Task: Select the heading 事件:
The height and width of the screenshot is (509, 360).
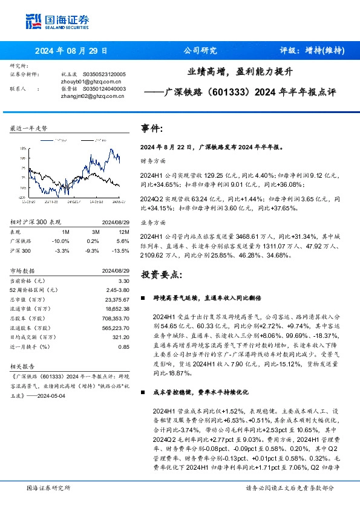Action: click(x=151, y=129)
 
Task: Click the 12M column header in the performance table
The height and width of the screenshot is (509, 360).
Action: click(x=124, y=232)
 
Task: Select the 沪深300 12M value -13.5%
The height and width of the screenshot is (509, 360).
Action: click(x=122, y=250)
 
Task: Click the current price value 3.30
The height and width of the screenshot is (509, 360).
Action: click(x=124, y=281)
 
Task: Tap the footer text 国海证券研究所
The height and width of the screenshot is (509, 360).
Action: click(x=49, y=488)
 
